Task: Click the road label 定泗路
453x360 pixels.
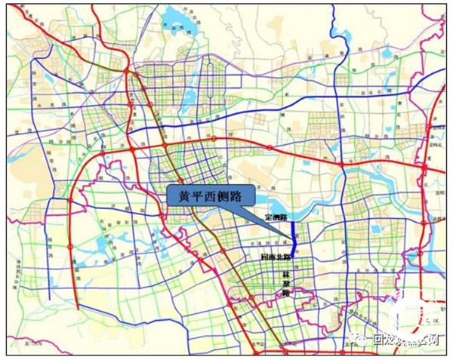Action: click(x=276, y=217)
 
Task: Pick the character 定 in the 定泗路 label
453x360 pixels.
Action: click(x=269, y=217)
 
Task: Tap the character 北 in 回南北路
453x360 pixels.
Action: click(x=279, y=257)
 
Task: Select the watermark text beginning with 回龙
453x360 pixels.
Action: click(x=400, y=340)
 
